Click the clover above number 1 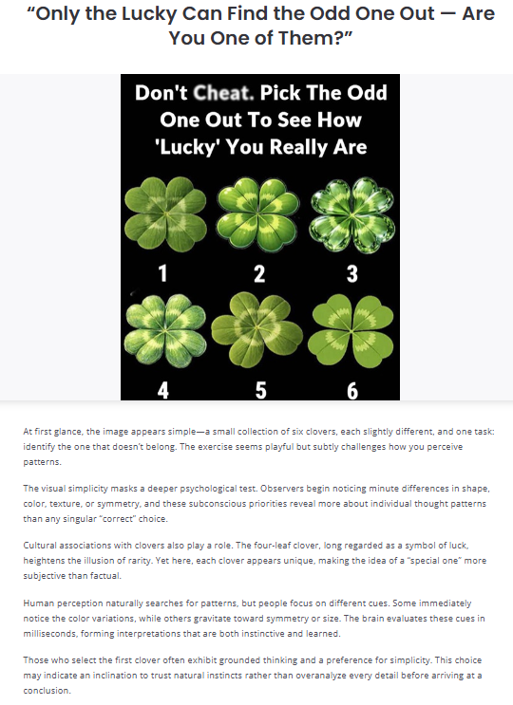[165, 213]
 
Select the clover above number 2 [257, 214]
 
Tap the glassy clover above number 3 [351, 215]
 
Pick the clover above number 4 [165, 330]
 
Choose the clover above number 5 [256, 329]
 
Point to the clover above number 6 [351, 330]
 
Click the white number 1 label [162, 273]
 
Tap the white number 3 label [352, 273]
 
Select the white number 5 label [261, 390]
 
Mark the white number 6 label [352, 390]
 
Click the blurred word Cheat [223, 93]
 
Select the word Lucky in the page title [149, 14]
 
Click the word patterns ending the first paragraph [42, 462]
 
